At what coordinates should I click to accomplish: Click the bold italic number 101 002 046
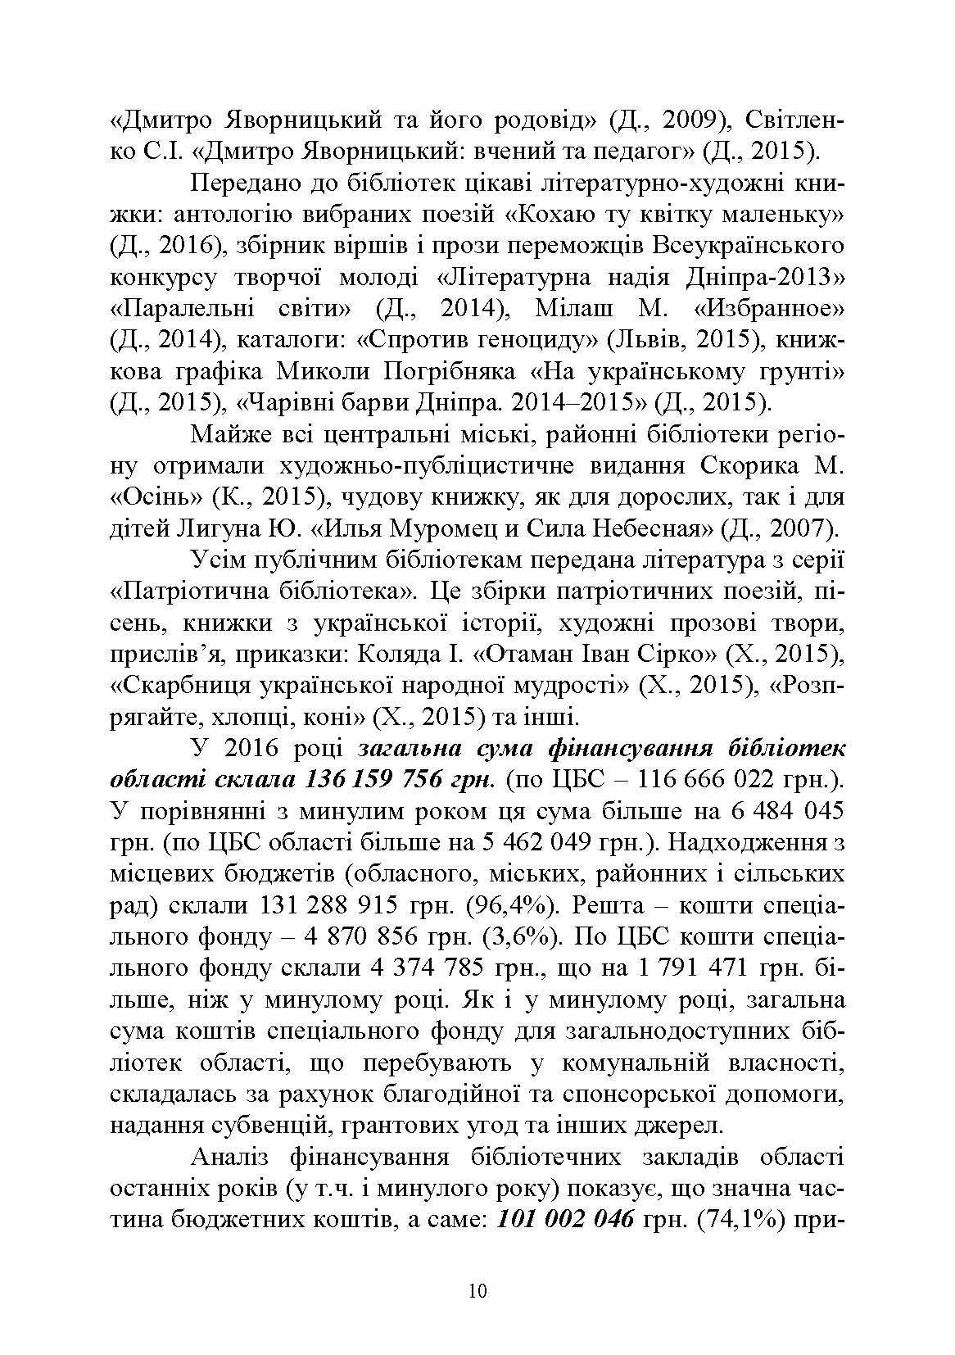click(x=565, y=1217)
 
